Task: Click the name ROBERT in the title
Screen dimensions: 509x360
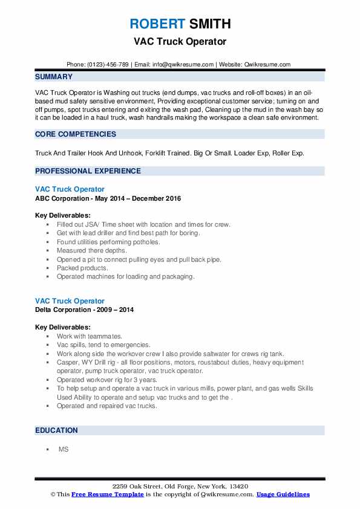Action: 156,24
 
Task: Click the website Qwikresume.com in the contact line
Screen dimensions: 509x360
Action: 267,64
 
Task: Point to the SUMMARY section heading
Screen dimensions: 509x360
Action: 54,77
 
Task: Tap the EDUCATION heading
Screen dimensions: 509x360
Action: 56,430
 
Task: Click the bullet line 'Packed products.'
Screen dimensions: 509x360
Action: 82,268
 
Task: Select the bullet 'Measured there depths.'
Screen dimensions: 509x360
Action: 92,250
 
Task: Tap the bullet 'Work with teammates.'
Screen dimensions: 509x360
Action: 90,336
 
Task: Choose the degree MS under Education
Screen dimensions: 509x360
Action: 63,450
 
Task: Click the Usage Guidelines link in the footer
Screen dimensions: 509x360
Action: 283,494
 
